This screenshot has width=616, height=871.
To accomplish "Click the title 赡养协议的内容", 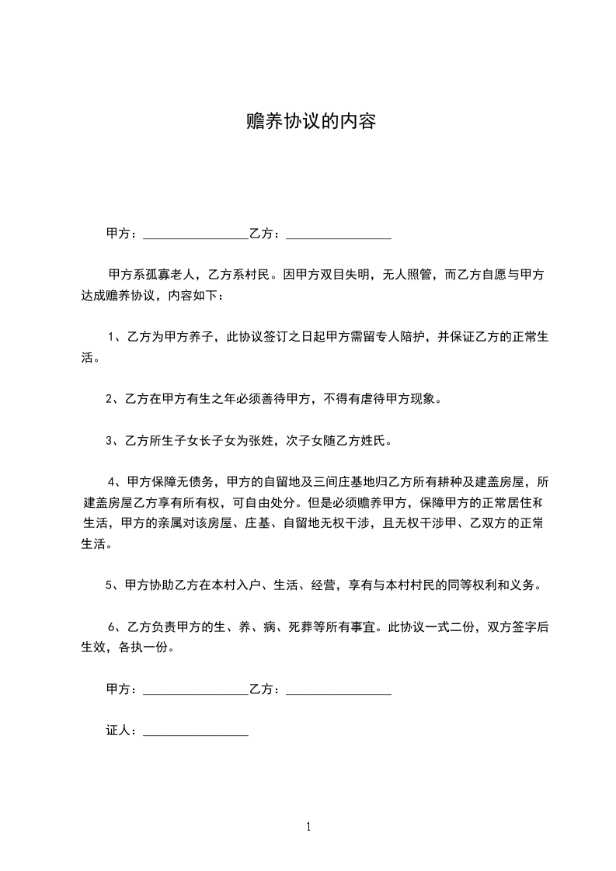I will click(310, 122).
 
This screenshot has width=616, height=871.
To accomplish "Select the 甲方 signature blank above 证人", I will click(195, 689).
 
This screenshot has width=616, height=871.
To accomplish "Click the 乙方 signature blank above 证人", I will click(338, 689).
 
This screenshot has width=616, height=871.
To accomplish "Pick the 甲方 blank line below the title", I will click(195, 233).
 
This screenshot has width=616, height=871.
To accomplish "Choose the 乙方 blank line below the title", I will click(338, 233).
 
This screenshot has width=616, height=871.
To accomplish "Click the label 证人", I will click(119, 731).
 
